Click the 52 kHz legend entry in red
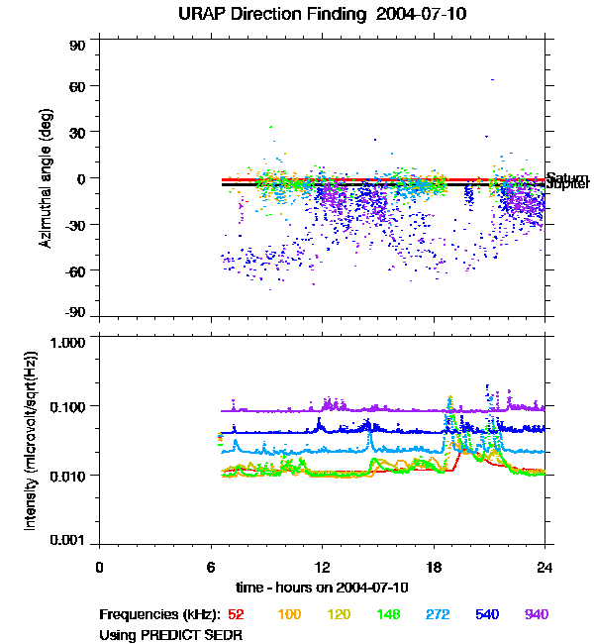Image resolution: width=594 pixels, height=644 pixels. pyautogui.click(x=236, y=614)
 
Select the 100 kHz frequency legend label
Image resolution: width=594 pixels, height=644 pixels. pyautogui.click(x=289, y=614)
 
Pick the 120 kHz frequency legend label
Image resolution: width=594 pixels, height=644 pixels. pyautogui.click(x=340, y=614)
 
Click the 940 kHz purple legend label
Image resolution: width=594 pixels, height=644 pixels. pyautogui.click(x=536, y=614)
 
